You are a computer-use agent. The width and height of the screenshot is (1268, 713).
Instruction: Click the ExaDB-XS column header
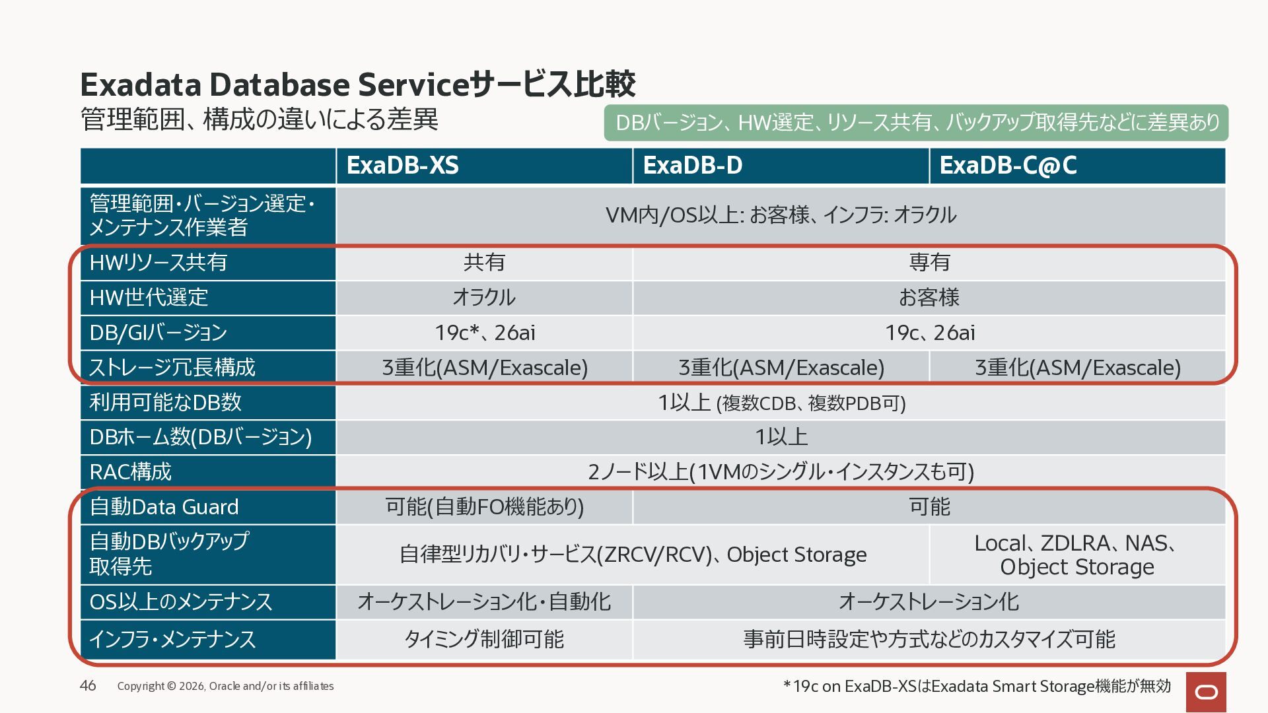tap(484, 166)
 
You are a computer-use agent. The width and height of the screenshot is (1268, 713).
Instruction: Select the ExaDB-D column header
tap(781, 166)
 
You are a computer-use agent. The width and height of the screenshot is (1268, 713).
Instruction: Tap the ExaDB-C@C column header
tap(1077, 166)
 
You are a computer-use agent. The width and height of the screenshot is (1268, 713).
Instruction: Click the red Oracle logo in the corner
tap(1206, 692)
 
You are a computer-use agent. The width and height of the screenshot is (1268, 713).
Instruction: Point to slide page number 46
tap(88, 685)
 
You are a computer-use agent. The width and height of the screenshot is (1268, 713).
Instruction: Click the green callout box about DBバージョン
tap(916, 123)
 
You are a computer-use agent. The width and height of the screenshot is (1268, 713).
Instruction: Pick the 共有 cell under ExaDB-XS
tap(484, 263)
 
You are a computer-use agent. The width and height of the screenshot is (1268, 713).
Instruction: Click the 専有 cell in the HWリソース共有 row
tap(929, 263)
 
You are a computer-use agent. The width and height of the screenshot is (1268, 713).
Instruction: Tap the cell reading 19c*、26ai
tap(484, 333)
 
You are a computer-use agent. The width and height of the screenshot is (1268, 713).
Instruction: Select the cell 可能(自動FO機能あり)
tap(484, 507)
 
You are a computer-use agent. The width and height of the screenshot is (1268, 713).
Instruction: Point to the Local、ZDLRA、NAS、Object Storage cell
tap(1077, 555)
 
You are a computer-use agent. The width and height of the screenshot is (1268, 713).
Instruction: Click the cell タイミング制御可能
tap(484, 639)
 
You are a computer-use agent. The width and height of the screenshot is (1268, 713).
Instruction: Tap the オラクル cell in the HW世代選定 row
tap(484, 298)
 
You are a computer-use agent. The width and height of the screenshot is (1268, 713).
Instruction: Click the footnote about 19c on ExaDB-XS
tap(977, 687)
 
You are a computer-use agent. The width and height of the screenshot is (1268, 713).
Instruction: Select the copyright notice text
tap(225, 686)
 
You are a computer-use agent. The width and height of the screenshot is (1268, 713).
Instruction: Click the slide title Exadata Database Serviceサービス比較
tap(357, 85)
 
